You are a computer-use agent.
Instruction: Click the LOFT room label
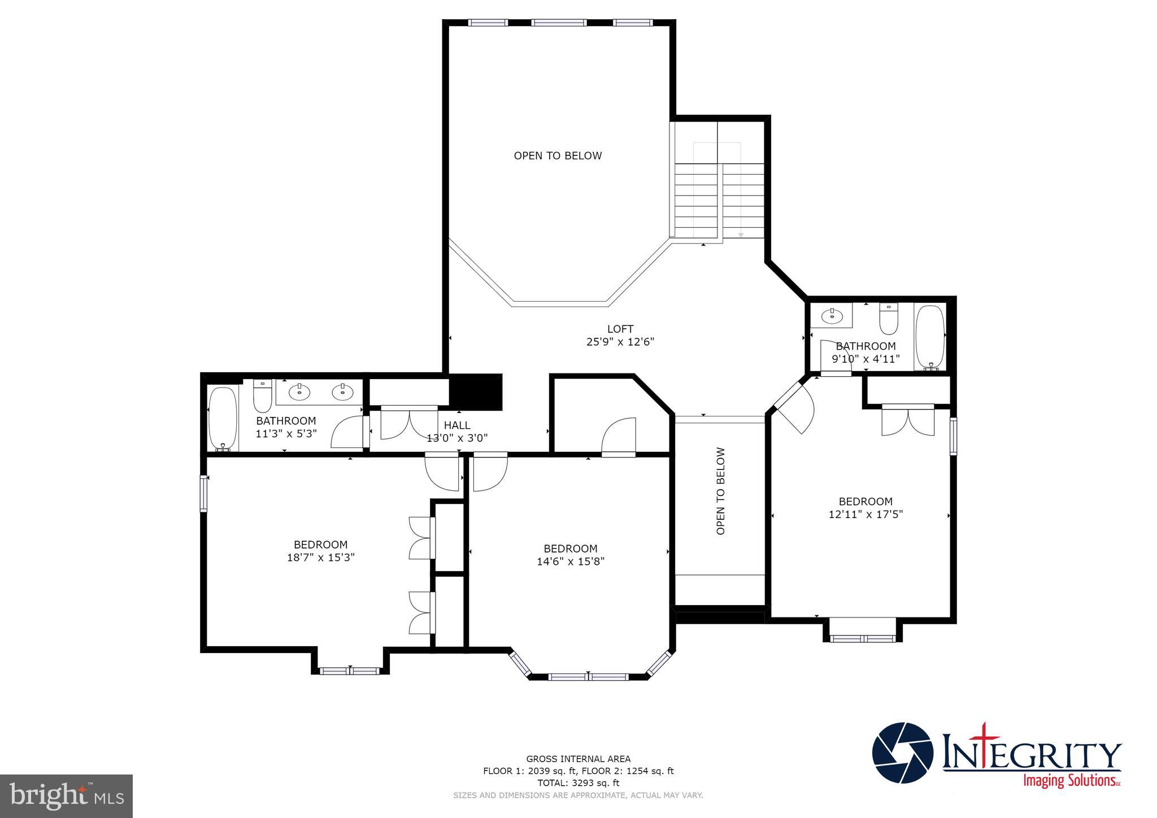pos(620,329)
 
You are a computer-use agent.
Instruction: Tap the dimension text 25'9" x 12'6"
pos(620,342)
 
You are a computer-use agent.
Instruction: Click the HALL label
pos(456,425)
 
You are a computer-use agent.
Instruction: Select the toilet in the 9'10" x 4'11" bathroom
pos(889,319)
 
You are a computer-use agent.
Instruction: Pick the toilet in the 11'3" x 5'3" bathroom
pos(262,395)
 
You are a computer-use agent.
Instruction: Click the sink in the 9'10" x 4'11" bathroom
pos(830,316)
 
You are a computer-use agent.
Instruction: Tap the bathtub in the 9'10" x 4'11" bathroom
pos(929,337)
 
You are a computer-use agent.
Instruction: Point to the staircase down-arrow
pos(740,234)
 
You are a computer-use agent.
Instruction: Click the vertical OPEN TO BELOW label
pos(720,491)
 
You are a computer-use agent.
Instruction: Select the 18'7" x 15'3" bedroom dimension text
pos(320,558)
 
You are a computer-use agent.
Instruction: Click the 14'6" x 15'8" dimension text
pos(571,562)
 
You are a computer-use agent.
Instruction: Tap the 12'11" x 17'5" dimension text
pos(865,515)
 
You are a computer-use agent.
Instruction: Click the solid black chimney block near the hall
pos(475,391)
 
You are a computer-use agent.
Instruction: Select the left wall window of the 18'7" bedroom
pos(204,494)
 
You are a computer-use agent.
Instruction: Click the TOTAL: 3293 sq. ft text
pos(578,783)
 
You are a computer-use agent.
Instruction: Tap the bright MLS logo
pos(67,797)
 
